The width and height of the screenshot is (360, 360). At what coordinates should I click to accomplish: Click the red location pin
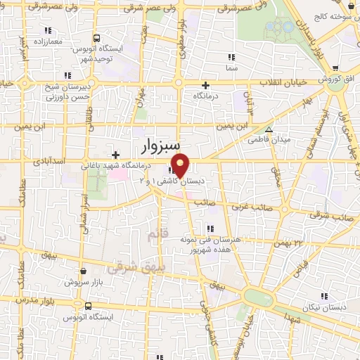180,165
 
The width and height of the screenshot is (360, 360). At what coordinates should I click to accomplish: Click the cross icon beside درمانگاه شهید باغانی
115,154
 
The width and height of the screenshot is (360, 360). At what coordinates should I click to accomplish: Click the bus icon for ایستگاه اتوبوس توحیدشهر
95,38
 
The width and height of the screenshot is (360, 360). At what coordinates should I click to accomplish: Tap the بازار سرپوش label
79,282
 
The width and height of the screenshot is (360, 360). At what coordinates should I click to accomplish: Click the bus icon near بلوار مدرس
88,306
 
